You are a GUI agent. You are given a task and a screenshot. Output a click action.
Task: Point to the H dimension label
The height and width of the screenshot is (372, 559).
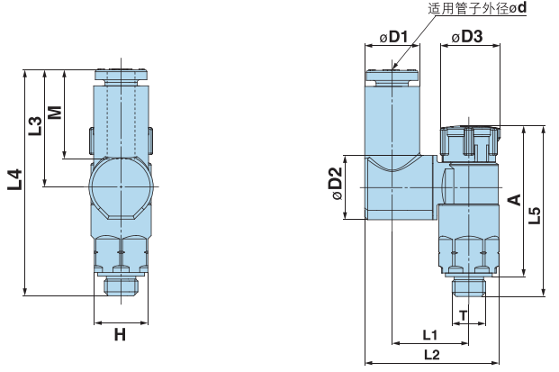point(119,336)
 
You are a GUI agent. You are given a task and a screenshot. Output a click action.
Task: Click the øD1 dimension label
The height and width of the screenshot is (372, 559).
point(393,37)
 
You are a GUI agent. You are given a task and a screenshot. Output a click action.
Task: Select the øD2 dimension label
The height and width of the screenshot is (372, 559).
point(336,185)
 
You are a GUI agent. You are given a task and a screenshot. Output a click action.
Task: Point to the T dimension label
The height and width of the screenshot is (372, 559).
point(463,314)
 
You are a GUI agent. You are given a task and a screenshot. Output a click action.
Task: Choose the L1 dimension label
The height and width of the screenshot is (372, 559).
point(430,334)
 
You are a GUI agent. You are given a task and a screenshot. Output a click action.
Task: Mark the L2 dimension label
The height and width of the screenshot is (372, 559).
point(430,355)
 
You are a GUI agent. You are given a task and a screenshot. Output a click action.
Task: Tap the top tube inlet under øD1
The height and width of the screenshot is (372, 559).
point(393,77)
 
